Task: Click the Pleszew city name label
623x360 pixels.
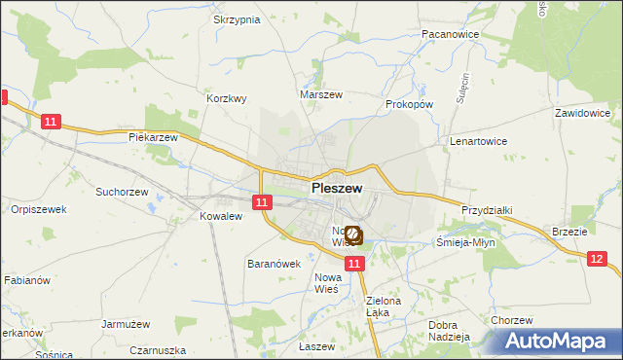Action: click(337, 189)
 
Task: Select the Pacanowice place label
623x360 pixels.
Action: click(448, 33)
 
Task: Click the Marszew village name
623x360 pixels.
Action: click(321, 95)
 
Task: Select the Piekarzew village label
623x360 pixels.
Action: click(154, 137)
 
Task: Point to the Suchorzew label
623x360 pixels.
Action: click(121, 192)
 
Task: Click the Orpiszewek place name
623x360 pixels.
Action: click(38, 209)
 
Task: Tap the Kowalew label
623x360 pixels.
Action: click(220, 216)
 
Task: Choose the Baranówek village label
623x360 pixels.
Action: click(274, 264)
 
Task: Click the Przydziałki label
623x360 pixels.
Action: click(488, 209)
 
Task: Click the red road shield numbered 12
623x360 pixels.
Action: click(598, 257)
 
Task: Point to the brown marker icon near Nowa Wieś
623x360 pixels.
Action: click(353, 234)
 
